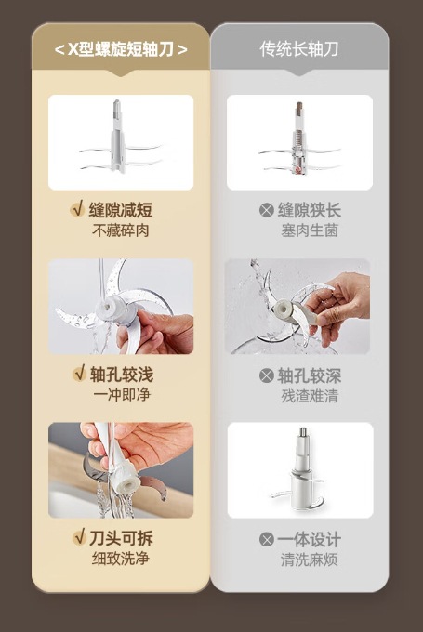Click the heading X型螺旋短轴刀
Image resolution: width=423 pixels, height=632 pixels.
click(121, 49)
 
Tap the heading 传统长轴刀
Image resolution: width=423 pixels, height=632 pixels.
click(298, 49)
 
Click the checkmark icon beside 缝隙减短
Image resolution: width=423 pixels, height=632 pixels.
click(77, 209)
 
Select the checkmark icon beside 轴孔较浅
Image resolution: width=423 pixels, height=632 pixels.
click(79, 374)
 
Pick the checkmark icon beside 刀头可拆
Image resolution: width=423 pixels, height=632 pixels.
click(79, 537)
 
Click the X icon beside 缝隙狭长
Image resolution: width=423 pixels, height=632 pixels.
click(267, 210)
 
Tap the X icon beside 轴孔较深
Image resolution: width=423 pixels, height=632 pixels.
click(267, 375)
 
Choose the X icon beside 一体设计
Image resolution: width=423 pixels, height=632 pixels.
click(267, 539)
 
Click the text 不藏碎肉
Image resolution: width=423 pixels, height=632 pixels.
click(121, 230)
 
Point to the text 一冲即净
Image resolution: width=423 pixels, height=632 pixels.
click(122, 395)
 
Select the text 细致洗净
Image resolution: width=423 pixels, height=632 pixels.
click(121, 559)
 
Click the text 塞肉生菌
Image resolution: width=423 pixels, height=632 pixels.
click(310, 230)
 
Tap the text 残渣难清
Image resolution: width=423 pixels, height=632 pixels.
click(310, 396)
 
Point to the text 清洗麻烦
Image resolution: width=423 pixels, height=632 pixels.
click(310, 560)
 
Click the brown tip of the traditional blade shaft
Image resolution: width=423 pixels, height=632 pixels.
click(299, 108)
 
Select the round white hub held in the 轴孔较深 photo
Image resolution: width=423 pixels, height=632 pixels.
click(283, 309)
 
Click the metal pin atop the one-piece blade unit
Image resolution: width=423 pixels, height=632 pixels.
click(303, 432)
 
